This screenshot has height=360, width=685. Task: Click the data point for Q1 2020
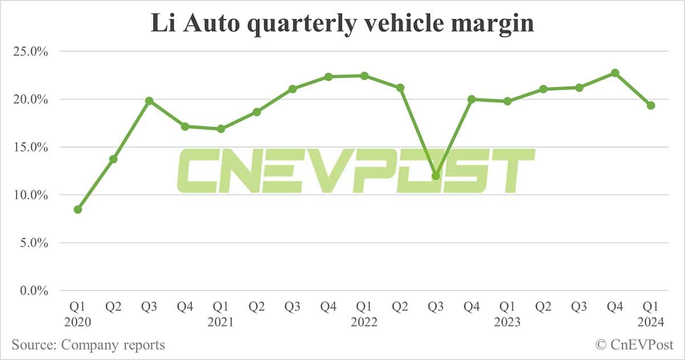[x=78, y=209]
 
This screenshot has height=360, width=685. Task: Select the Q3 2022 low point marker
[x=436, y=176]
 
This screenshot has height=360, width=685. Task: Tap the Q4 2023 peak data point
[x=615, y=73]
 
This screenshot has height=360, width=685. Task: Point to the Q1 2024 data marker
[x=651, y=106]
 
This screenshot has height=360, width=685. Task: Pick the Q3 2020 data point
[x=149, y=101]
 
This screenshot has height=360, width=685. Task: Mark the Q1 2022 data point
[x=364, y=76]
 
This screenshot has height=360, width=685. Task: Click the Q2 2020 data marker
[x=114, y=159]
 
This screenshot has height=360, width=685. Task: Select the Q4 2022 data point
[x=472, y=99]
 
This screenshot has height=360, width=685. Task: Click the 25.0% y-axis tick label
[x=29, y=51]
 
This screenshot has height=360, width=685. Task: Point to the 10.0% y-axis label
[x=29, y=195]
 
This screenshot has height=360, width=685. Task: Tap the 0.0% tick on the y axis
[x=31, y=291]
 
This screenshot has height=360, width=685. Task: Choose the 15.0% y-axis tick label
[x=29, y=147]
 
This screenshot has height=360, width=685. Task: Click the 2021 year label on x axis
[x=221, y=322]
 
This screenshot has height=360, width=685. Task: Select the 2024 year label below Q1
[x=651, y=322]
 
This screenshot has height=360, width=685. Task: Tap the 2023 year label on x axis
[x=507, y=322]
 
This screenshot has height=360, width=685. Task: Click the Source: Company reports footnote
[x=88, y=345]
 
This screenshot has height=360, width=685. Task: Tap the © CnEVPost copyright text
[x=634, y=345]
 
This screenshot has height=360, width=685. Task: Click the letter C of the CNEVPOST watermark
[x=197, y=171]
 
